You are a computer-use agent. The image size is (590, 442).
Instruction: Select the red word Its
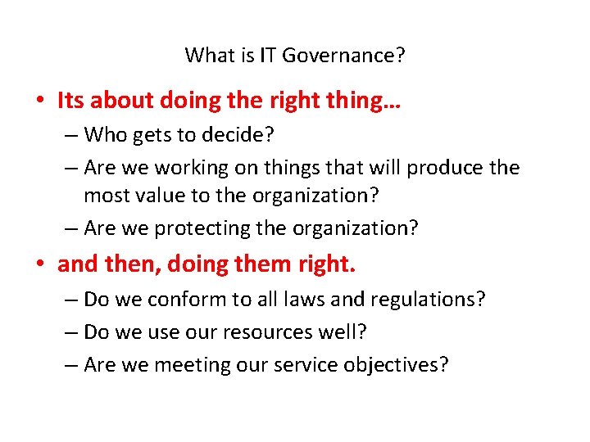click(71, 101)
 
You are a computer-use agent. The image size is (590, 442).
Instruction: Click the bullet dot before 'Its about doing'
click(40, 101)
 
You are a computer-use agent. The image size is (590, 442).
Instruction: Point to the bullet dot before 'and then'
click(40, 264)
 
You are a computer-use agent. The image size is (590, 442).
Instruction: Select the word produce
click(444, 168)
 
